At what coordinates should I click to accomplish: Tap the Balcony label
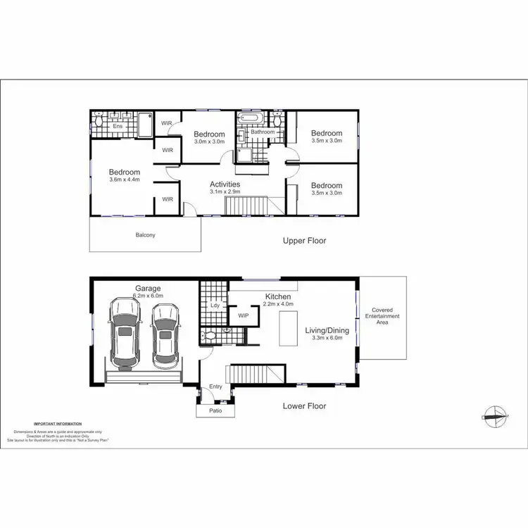click(x=146, y=235)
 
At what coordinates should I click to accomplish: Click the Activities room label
click(x=225, y=184)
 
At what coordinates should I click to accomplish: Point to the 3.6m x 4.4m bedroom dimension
click(x=124, y=180)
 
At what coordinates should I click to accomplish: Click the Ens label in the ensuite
click(x=118, y=126)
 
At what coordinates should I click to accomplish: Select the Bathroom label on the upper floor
click(x=263, y=132)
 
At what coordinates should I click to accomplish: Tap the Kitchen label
click(x=278, y=296)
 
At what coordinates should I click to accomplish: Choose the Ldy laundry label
click(x=214, y=306)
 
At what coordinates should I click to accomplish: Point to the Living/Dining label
click(x=327, y=329)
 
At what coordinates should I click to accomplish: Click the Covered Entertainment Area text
click(x=382, y=316)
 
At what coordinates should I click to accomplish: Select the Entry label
click(x=215, y=386)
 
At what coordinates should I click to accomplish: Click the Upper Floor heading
click(x=304, y=241)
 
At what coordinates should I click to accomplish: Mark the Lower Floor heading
click(x=304, y=406)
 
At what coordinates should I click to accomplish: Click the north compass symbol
click(x=496, y=415)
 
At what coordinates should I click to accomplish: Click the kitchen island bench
click(x=287, y=329)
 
